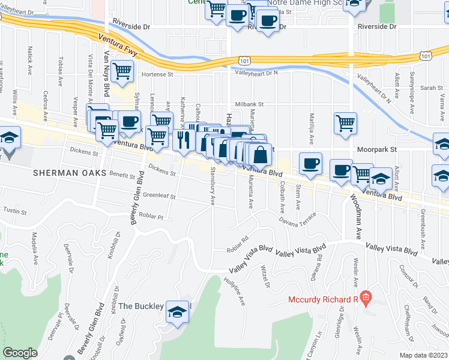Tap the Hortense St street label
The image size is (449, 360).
pyautogui.click(x=157, y=75)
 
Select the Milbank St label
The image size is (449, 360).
pyautogui.click(x=249, y=104)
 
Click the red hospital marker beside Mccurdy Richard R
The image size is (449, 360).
pyautogui.click(x=366, y=298)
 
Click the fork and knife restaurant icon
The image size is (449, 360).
pyautogui.click(x=184, y=140)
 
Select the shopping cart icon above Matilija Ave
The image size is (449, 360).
pyautogui.click(x=345, y=123)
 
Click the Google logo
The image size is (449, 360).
pyautogui.click(x=20, y=353)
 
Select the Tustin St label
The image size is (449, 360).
pyautogui.click(x=16, y=211)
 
